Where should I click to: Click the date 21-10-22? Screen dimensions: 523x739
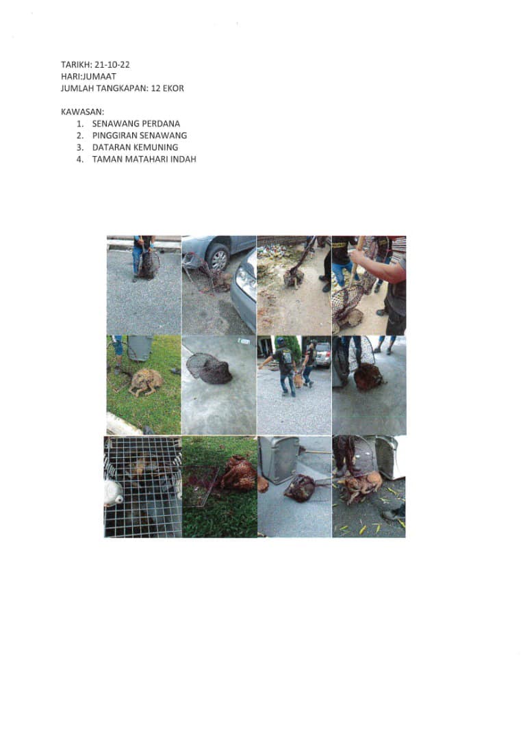112,64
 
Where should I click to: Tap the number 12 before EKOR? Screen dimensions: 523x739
156,88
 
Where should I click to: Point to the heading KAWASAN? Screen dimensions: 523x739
83,112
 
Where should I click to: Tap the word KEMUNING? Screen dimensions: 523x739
156,147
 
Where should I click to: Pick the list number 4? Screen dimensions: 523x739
79,159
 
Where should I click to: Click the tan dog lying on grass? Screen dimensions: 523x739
146,383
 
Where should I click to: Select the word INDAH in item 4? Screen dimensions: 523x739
183,159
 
